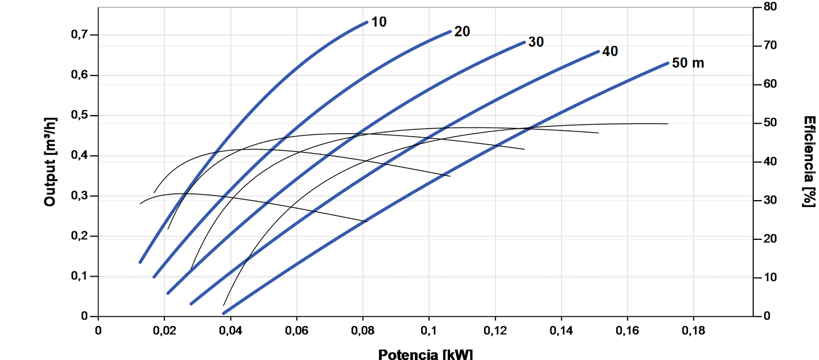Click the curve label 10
[379, 22]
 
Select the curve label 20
[462, 32]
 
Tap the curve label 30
[536, 42]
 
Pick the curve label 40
[610, 52]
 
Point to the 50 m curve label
[688, 63]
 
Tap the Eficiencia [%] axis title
[810, 162]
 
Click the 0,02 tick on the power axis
[164, 330]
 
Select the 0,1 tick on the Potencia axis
[428, 330]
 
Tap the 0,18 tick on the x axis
[693, 330]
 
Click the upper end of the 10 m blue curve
[367, 22]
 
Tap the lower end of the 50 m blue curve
[224, 313]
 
